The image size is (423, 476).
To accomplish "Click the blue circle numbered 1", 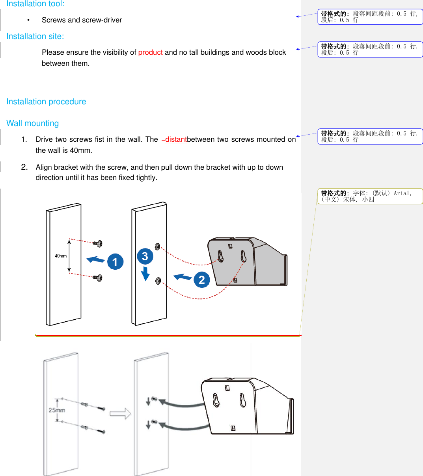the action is click(115, 261).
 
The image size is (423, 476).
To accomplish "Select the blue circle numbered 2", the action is click(201, 280).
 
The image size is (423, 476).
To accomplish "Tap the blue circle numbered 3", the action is click(145, 256).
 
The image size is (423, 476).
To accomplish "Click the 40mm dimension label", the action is click(61, 256).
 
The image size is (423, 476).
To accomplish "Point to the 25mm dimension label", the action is click(57, 410).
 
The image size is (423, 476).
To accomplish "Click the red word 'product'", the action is click(150, 52).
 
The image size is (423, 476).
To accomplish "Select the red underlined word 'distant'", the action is click(176, 139).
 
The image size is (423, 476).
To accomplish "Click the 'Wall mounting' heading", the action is click(32, 123).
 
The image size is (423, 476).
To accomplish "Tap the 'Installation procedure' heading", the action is click(46, 102).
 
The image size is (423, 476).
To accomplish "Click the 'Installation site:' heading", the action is click(35, 36).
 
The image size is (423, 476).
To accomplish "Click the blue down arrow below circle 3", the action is click(145, 274).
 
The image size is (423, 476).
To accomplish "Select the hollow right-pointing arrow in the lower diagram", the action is click(120, 413).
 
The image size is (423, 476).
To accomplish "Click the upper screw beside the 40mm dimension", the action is click(98, 244).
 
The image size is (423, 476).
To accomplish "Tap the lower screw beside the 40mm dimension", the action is click(98, 278).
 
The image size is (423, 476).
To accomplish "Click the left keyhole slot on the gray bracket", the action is click(220, 256).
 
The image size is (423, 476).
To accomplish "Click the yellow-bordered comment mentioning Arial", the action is click(370, 196).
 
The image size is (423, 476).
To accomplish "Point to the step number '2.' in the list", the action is click(24, 167).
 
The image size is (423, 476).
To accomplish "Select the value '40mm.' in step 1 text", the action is click(81, 150).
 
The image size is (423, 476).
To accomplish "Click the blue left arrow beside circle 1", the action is click(96, 259).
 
